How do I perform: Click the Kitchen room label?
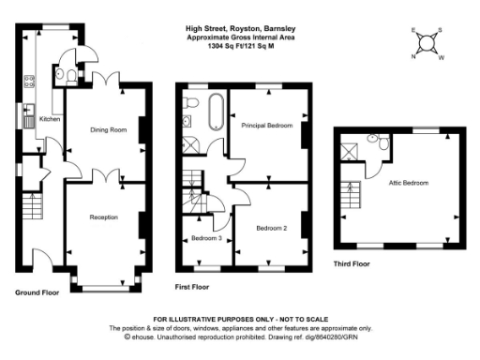coord(50,119)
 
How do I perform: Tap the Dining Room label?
coord(108,129)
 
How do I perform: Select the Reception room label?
coord(103,217)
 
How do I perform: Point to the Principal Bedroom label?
coord(267,125)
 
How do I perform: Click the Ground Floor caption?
coord(38,293)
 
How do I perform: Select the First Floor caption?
coord(193,284)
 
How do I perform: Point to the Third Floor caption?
coord(352,263)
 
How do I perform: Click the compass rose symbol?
coord(427,43)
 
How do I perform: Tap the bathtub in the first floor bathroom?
coord(216,112)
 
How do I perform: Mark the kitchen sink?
coord(28,117)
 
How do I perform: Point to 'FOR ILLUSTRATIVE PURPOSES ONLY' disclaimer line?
coord(240,321)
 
